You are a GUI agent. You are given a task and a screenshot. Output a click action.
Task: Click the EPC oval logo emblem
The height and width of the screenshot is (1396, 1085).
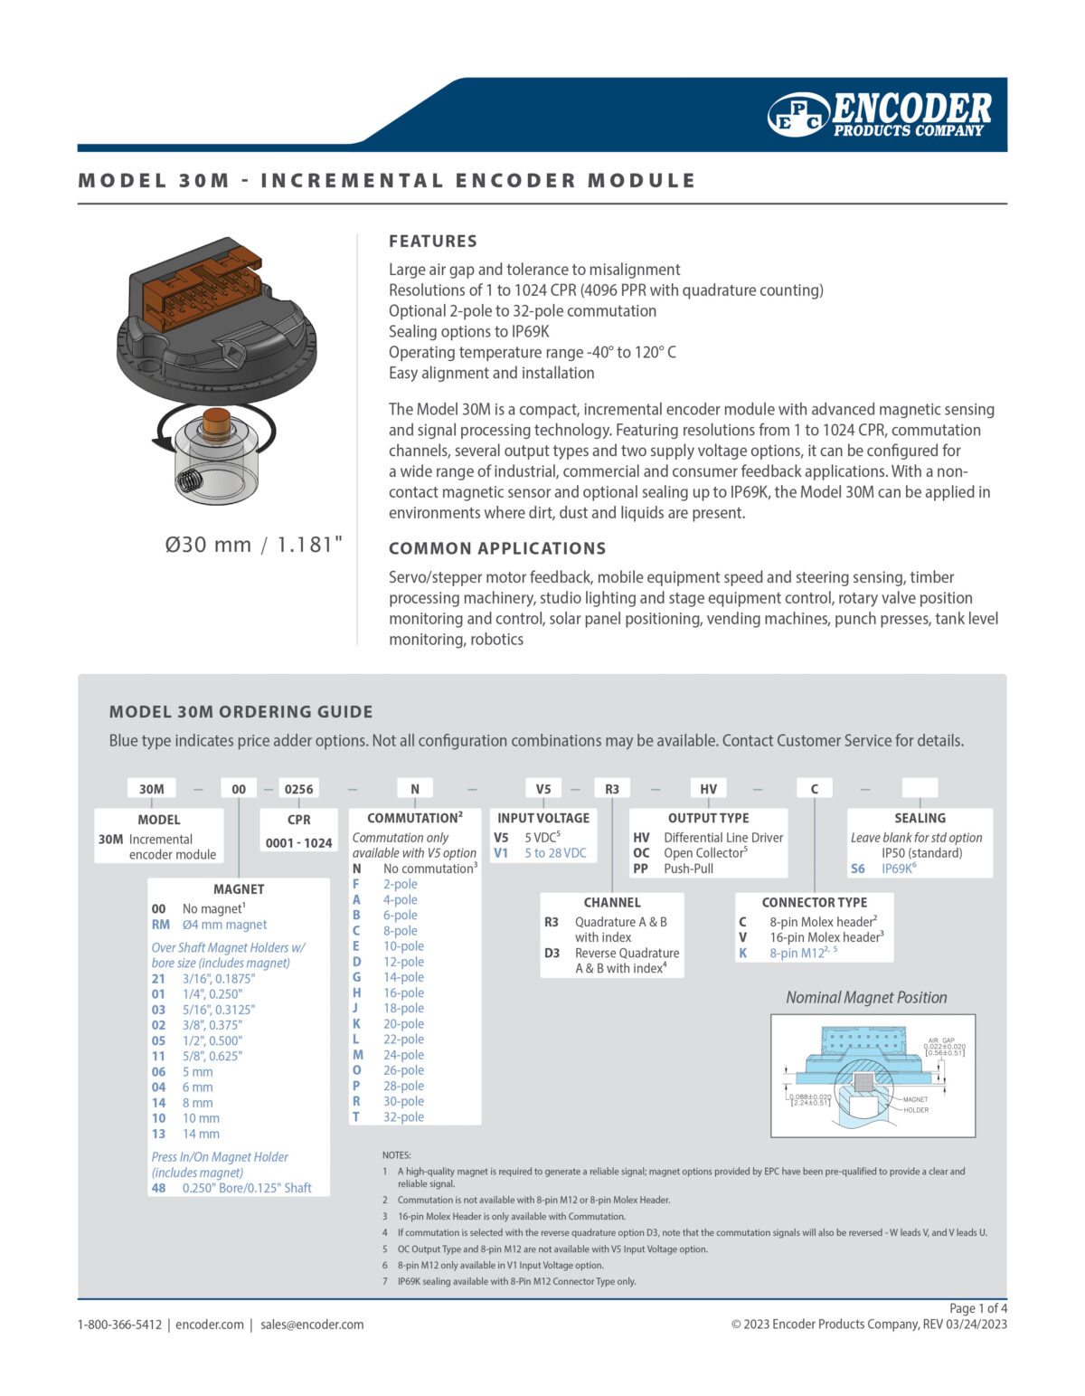tap(798, 115)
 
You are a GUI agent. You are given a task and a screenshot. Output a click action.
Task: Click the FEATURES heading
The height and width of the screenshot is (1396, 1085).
tap(432, 242)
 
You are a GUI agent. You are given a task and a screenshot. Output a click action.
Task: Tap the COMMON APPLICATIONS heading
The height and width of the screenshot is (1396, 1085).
tap(497, 548)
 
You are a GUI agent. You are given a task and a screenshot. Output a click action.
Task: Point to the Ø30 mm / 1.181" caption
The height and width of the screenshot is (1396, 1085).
tap(254, 545)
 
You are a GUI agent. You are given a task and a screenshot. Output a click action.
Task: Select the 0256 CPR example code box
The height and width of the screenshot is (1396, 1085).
tap(298, 789)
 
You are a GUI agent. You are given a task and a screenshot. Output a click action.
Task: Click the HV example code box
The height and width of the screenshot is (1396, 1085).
tap(709, 789)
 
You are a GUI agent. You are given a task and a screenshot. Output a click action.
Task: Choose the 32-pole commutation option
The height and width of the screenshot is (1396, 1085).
tap(403, 1117)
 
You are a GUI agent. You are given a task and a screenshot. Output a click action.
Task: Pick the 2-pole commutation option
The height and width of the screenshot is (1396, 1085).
tap(400, 884)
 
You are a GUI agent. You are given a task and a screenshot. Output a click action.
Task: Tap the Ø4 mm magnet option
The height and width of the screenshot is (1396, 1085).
tap(224, 925)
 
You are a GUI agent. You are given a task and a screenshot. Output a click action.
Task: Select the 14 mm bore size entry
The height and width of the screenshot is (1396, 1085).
tap(201, 1134)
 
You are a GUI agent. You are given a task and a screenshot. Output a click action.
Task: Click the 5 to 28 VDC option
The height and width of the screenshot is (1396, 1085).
tap(555, 853)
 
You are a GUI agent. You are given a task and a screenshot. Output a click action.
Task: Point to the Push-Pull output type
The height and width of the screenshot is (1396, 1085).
tap(688, 869)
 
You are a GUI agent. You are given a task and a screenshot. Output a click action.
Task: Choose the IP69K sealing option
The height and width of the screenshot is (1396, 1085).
tap(898, 869)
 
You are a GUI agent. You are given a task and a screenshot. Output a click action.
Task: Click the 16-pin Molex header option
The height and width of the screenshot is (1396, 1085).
tap(826, 937)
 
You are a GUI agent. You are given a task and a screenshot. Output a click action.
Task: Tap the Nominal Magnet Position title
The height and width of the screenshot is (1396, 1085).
tap(866, 998)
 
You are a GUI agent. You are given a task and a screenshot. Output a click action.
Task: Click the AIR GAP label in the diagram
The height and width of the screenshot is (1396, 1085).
tap(941, 1040)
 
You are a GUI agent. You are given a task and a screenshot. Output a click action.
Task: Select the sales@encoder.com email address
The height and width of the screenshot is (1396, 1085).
tap(312, 1325)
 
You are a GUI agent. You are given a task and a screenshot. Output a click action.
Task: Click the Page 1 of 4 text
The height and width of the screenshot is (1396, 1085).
tap(977, 1308)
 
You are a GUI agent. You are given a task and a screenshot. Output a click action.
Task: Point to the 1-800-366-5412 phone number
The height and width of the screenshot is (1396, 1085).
tap(119, 1325)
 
